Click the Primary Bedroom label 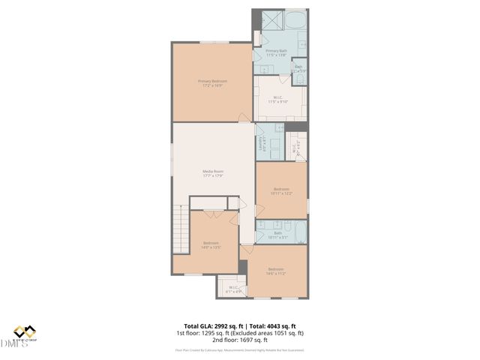pos(212,82)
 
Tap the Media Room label pos(213,174)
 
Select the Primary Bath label pos(276,52)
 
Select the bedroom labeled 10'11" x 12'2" pos(281,190)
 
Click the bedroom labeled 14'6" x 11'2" pos(276,271)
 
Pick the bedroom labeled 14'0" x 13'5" pos(211,244)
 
